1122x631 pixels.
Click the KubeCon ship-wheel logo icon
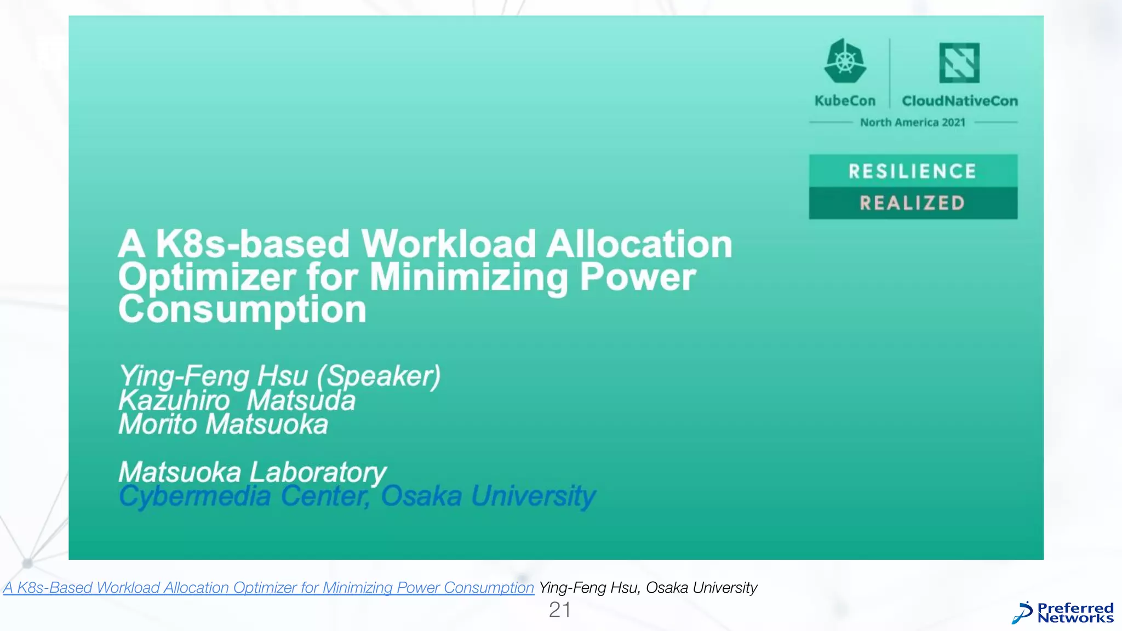845,61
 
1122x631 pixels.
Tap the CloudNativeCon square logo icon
959,62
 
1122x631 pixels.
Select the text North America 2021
913,122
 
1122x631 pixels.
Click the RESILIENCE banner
913,171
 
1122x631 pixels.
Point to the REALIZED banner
913,203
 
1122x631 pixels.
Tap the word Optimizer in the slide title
207,277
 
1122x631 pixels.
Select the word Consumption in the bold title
242,310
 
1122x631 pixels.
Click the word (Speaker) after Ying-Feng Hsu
379,376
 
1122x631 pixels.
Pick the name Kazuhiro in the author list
174,400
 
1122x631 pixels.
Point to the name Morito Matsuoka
224,425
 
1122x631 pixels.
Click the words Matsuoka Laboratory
253,472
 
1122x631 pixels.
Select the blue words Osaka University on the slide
488,496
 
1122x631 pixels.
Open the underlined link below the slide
268,588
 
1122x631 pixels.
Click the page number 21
560,610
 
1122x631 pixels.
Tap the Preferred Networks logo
1063,613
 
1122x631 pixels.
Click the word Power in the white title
638,277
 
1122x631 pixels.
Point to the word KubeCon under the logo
845,101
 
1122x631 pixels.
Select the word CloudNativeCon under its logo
960,101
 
